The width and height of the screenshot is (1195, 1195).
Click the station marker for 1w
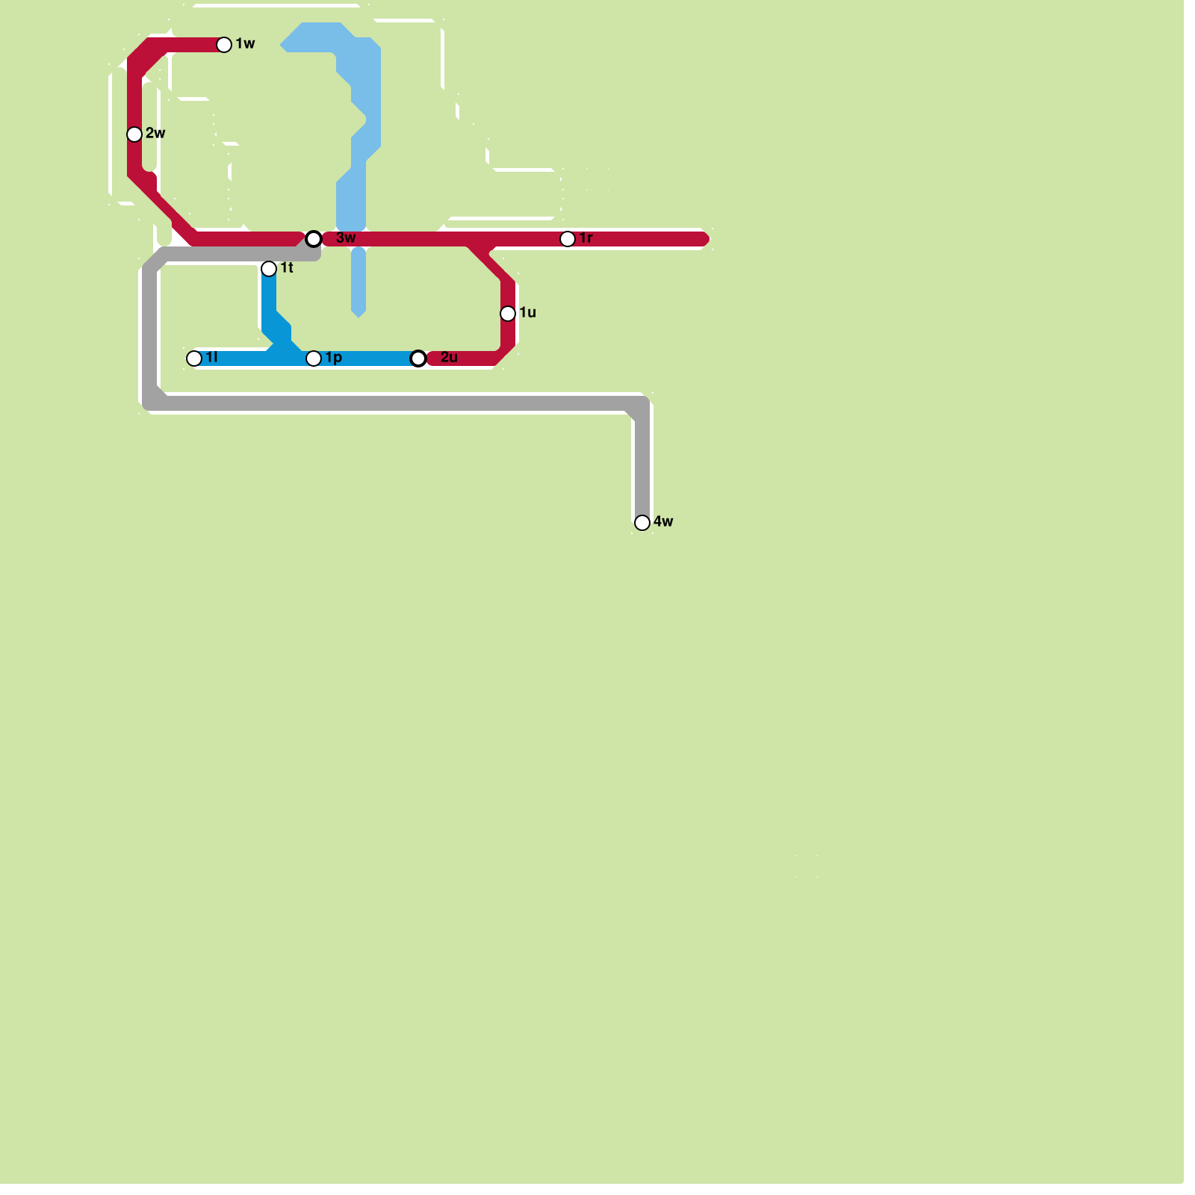click(224, 45)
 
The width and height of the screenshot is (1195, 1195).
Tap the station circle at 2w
click(134, 134)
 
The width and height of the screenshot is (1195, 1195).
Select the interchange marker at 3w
click(314, 239)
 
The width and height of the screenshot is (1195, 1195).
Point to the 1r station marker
click(568, 239)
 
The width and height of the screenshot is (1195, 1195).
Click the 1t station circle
click(269, 269)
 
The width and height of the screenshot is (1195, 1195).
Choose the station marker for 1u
click(508, 314)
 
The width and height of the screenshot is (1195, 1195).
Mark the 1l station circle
click(194, 358)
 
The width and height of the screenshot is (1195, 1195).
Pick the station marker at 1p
click(314, 358)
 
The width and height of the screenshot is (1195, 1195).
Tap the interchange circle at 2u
click(419, 359)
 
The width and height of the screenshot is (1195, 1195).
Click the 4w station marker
click(642, 523)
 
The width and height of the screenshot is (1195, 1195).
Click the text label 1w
click(246, 44)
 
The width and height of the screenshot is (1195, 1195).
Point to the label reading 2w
click(156, 134)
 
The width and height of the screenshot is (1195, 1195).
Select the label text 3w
click(346, 238)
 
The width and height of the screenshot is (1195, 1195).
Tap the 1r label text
click(586, 238)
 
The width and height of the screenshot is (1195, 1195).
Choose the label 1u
click(528, 313)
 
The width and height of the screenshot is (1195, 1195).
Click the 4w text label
click(663, 522)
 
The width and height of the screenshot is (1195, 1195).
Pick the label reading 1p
click(334, 358)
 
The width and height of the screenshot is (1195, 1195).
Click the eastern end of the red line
click(705, 239)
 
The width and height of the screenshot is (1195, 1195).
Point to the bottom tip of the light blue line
click(358, 314)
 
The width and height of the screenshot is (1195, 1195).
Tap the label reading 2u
click(449, 358)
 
